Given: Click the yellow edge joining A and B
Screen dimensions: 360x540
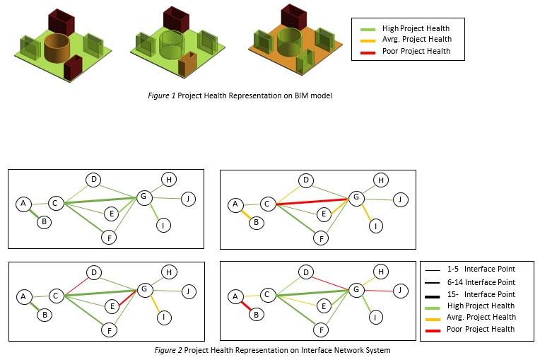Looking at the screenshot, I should click(x=245, y=213).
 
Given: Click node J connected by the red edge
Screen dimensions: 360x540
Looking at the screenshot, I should click(x=399, y=290).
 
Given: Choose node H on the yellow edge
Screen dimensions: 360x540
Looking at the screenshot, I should click(x=380, y=272).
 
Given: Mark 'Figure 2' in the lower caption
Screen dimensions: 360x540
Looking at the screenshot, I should click(x=167, y=349).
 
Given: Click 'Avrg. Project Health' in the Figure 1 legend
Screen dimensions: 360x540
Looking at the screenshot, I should click(x=416, y=39).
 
